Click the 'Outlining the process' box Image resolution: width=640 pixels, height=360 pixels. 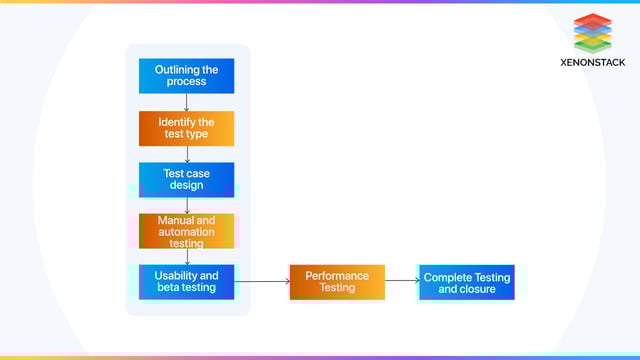[x=186, y=76]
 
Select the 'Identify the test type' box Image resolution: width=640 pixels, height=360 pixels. [x=186, y=128]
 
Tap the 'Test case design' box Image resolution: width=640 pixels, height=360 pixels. [x=186, y=180]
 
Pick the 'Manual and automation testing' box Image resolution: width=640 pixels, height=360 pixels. [x=186, y=231]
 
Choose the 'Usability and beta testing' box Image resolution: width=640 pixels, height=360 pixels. [x=186, y=282]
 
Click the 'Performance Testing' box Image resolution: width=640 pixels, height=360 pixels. [x=337, y=282]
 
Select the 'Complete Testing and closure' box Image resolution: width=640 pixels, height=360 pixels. [x=466, y=283]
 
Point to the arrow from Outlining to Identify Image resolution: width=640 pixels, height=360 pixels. [x=187, y=102]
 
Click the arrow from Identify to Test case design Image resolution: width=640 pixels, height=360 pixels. [x=187, y=154]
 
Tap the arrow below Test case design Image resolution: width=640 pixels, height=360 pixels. [x=187, y=205]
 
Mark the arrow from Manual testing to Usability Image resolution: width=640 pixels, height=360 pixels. [x=187, y=257]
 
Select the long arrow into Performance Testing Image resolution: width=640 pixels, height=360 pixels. [x=262, y=282]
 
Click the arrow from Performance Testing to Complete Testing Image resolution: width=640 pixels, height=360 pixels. [x=401, y=282]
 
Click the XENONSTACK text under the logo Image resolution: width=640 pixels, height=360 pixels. [x=593, y=62]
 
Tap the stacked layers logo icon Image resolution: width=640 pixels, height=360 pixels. [x=593, y=33]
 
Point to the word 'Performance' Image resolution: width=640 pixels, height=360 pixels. [x=337, y=276]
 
